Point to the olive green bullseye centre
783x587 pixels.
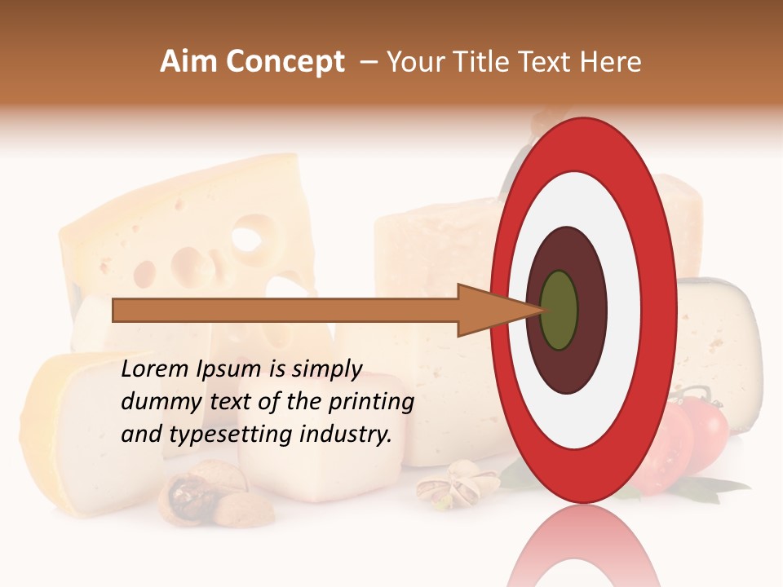tap(560, 310)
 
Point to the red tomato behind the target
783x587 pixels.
tap(701, 428)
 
